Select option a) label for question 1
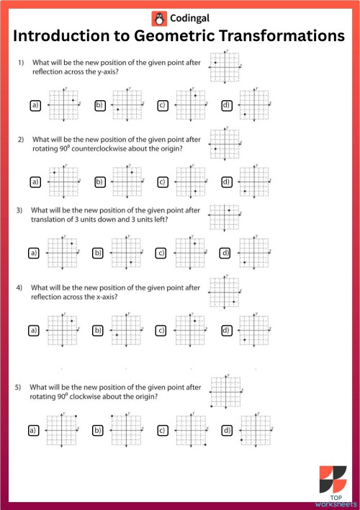point(35,106)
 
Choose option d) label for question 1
point(226,106)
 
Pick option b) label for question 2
point(99,182)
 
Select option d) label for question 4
point(226,330)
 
